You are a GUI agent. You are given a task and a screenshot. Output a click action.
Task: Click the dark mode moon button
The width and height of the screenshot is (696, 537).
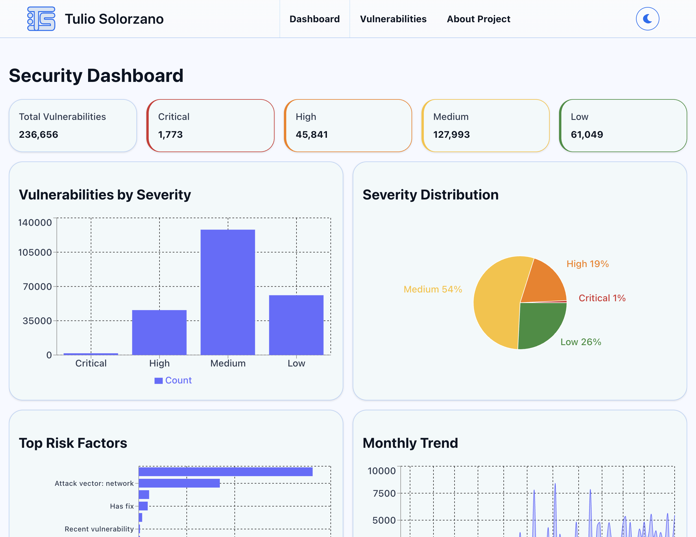[x=647, y=19]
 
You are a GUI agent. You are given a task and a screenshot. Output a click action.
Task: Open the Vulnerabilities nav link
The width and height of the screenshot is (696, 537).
[x=393, y=19]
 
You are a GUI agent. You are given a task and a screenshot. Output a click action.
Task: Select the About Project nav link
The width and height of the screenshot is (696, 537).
[x=478, y=19]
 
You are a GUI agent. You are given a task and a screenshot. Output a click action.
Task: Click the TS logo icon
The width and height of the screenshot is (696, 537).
[x=41, y=19]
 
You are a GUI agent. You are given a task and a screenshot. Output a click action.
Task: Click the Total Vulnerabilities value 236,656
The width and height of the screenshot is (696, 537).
[x=39, y=135]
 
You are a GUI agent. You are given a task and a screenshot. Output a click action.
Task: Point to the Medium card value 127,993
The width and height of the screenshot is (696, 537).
[x=451, y=135]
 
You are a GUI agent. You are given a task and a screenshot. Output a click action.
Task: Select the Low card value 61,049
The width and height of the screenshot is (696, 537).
[x=587, y=135]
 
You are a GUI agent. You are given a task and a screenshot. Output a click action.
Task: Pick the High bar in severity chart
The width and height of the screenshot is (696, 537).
[x=159, y=332]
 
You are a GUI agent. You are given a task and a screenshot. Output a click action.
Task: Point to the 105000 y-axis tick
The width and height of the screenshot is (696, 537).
[x=35, y=252]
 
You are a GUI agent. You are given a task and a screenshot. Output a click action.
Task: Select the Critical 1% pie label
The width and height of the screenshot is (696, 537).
[x=602, y=298]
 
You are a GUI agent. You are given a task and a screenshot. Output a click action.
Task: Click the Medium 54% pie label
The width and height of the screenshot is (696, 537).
[x=433, y=289]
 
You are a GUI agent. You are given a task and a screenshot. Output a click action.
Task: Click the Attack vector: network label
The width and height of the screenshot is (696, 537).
[x=94, y=483]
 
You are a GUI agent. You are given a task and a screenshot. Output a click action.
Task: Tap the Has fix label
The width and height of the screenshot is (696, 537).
[x=122, y=506]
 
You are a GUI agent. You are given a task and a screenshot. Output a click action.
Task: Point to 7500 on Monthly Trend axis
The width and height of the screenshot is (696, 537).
[x=384, y=493]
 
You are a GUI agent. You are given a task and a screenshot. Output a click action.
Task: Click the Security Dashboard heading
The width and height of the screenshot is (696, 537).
[x=96, y=75]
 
